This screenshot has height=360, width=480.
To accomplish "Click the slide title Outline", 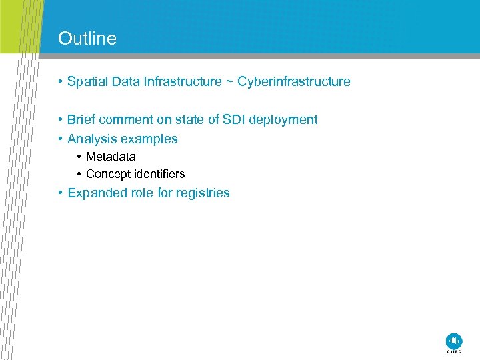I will tap(87, 39).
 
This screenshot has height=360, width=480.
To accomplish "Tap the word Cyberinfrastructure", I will tap(294, 82).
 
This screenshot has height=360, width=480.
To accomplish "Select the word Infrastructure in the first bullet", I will tap(182, 82).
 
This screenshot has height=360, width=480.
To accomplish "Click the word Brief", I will tap(81, 120).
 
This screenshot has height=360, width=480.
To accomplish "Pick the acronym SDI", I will tap(232, 120).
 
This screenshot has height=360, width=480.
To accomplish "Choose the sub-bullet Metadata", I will tap(111, 157).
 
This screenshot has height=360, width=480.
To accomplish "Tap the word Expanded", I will tap(94, 193).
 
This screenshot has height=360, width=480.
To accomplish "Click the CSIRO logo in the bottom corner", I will tap(454, 342).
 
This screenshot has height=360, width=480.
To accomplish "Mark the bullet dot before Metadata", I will tap(79, 157).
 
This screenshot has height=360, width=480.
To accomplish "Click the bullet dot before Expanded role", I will tap(60, 193).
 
